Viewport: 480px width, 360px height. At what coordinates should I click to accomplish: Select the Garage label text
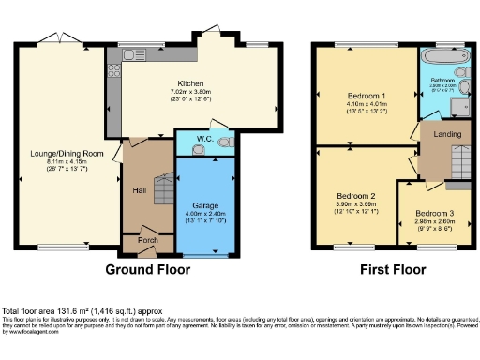[x=205, y=204]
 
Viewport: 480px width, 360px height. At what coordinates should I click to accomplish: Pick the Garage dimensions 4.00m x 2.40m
[x=205, y=214]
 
